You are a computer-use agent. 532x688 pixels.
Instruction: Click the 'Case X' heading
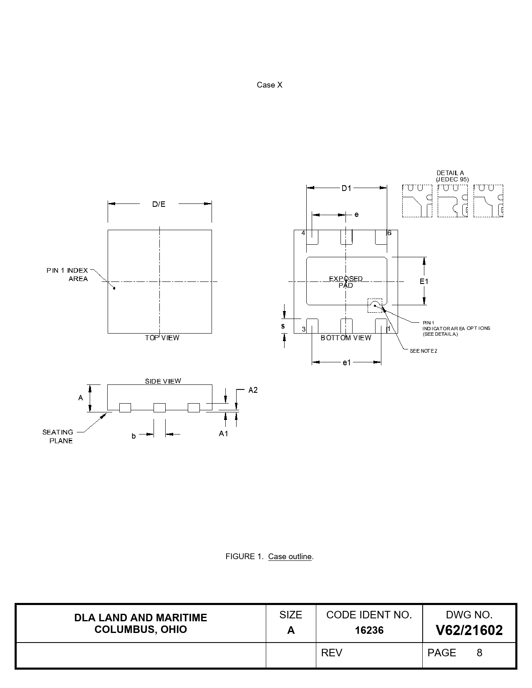pyautogui.click(x=269, y=85)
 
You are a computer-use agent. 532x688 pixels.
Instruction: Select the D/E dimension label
pyautogui.click(x=159, y=204)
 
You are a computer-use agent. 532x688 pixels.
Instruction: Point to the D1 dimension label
pyautogui.click(x=346, y=188)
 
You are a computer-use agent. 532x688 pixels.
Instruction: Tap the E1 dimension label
pyautogui.click(x=424, y=281)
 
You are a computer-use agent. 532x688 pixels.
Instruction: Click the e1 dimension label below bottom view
pyautogui.click(x=347, y=362)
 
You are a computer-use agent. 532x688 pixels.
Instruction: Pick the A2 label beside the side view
pyautogui.click(x=253, y=390)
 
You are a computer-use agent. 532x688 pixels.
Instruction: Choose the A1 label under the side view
pyautogui.click(x=223, y=434)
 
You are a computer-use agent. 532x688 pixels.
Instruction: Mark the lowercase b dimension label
pyautogui.click(x=134, y=436)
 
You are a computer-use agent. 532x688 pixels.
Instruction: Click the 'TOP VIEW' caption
pyautogui.click(x=162, y=338)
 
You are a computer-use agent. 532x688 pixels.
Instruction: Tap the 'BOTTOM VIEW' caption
pyautogui.click(x=346, y=338)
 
